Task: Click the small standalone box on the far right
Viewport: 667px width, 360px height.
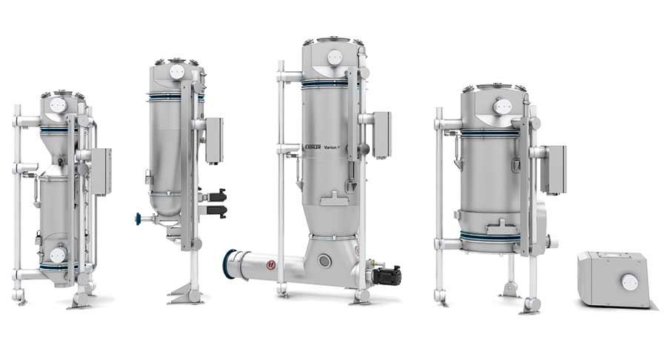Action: [614, 280]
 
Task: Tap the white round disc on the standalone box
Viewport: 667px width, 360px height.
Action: [628, 281]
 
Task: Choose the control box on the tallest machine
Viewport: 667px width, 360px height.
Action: [382, 134]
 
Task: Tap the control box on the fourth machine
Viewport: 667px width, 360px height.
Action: [553, 168]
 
